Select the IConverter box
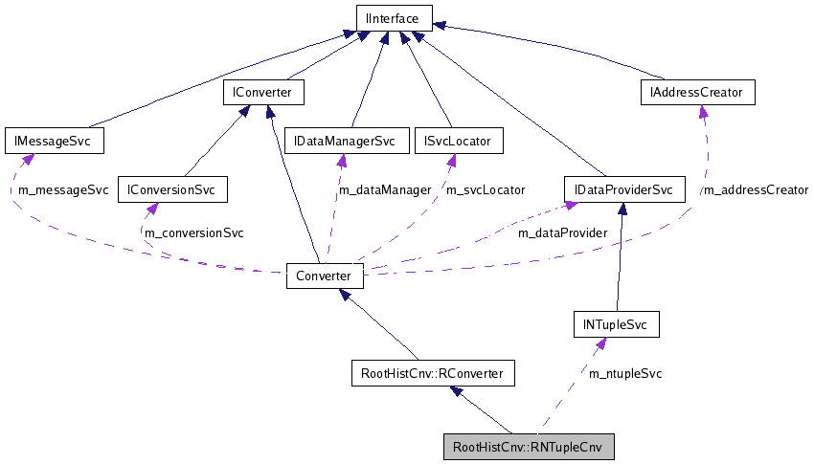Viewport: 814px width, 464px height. (x=262, y=92)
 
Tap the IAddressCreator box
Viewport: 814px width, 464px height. (x=697, y=92)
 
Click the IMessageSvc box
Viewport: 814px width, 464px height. (x=53, y=141)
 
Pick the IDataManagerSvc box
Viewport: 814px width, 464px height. (x=345, y=141)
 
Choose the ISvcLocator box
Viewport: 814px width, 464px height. (x=458, y=141)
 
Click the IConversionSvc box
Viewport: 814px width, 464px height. (x=171, y=189)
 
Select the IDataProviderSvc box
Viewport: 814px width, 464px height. (x=623, y=189)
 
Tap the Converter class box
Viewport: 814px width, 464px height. (x=325, y=276)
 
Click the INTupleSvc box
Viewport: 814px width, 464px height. (x=616, y=325)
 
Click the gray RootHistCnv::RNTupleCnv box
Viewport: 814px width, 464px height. (x=528, y=447)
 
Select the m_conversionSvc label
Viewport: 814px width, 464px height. (x=193, y=232)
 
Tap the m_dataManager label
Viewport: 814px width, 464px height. (x=385, y=190)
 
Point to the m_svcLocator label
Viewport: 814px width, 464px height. (x=486, y=190)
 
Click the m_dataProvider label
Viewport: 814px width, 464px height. (x=562, y=232)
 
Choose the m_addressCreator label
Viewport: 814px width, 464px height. (x=756, y=190)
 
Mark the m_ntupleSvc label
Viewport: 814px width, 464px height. (x=625, y=373)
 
